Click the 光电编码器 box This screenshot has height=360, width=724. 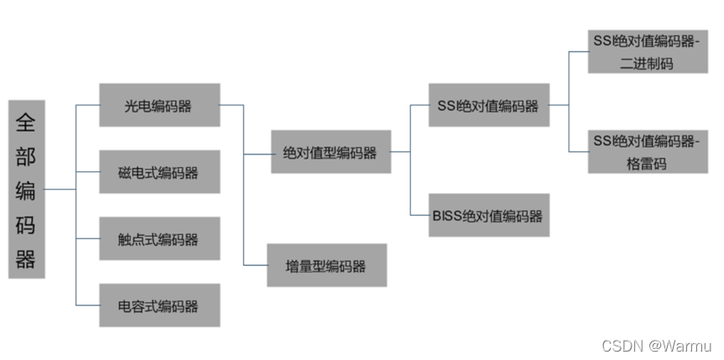tap(159, 105)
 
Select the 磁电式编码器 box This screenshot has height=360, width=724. tap(159, 172)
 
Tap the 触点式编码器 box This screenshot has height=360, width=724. tap(159, 239)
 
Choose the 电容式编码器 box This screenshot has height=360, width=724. tap(159, 305)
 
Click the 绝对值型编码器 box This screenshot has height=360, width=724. tap(331, 152)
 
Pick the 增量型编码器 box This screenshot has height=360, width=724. tap(326, 265)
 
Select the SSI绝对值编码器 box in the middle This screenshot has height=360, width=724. tap(488, 105)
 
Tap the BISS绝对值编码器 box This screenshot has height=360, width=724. tap(488, 216)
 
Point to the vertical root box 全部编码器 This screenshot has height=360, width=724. tap(26, 189)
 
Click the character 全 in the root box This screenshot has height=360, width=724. tap(26, 123)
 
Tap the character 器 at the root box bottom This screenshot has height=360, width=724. tap(26, 259)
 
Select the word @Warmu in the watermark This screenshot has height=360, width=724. tap(680, 345)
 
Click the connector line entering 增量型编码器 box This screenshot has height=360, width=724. tap(255, 264)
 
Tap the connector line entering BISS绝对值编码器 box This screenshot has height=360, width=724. tap(419, 216)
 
